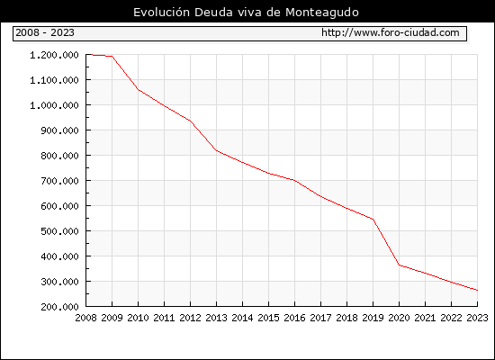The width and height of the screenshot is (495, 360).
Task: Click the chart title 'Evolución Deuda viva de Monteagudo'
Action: pyautogui.click(x=246, y=13)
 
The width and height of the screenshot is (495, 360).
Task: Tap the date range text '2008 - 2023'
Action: pyautogui.click(x=45, y=32)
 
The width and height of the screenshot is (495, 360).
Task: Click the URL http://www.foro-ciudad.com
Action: pyautogui.click(x=391, y=32)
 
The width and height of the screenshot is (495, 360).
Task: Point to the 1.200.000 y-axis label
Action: pyautogui.click(x=54, y=55)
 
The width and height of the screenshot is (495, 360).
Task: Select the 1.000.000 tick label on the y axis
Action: pyautogui.click(x=54, y=105)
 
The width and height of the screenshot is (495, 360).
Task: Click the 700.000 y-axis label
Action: pyautogui.click(x=59, y=181)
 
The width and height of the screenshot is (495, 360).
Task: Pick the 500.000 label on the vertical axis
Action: pyautogui.click(x=59, y=231)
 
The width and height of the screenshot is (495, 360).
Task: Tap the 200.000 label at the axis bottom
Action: pyautogui.click(x=59, y=307)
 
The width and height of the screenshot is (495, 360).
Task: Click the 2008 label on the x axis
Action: pyautogui.click(x=85, y=318)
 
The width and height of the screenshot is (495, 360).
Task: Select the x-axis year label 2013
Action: pyautogui.click(x=216, y=318)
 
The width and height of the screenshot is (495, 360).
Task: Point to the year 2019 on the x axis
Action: pyautogui.click(x=373, y=318)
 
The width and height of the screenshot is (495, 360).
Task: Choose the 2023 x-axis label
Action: pyautogui.click(x=477, y=318)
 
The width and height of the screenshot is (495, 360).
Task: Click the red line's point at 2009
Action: pyautogui.click(x=112, y=56)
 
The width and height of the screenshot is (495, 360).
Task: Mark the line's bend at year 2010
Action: pyautogui.click(x=139, y=90)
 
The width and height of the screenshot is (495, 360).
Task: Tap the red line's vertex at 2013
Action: pyautogui.click(x=216, y=150)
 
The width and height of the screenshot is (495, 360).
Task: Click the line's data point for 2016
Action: pyautogui.click(x=294, y=180)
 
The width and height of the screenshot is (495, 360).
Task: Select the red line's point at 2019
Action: pyautogui.click(x=373, y=220)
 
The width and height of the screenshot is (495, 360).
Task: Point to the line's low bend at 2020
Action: pyautogui.click(x=399, y=265)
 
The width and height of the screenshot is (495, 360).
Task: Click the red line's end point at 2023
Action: pyautogui.click(x=477, y=290)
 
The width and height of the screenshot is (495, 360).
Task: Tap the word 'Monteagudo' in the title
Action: pyautogui.click(x=322, y=13)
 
